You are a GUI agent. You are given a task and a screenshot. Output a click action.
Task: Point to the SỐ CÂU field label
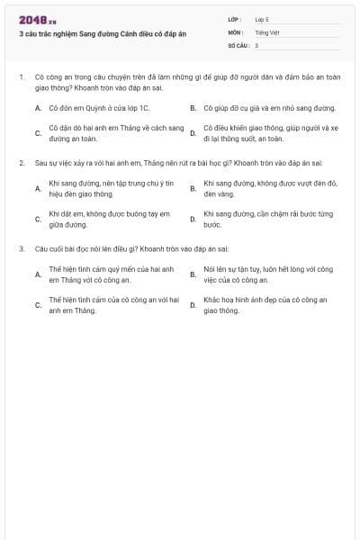pyautogui.click(x=237, y=44)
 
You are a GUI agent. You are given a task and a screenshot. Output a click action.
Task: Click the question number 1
pyautogui.click(x=21, y=77)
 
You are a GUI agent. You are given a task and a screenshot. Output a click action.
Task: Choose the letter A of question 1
pyautogui.click(x=38, y=107)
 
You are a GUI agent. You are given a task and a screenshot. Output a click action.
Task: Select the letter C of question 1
pyautogui.click(x=38, y=133)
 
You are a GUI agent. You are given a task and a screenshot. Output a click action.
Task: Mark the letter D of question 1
pyautogui.click(x=193, y=133)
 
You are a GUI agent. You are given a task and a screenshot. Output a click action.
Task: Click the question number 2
pyautogui.click(x=21, y=163)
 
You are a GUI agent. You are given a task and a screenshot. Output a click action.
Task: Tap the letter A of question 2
pyautogui.click(x=38, y=188)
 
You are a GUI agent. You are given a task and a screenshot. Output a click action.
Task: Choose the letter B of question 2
pyautogui.click(x=193, y=188)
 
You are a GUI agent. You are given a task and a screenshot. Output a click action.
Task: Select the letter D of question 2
pyautogui.click(x=193, y=219)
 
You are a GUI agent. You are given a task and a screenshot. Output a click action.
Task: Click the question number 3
pyautogui.click(x=21, y=247)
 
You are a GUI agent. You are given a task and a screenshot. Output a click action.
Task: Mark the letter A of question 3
pyautogui.click(x=38, y=274)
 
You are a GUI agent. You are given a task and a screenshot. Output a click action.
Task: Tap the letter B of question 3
pyautogui.click(x=193, y=274)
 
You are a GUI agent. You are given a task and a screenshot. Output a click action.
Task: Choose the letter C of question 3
pyautogui.click(x=38, y=304)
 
